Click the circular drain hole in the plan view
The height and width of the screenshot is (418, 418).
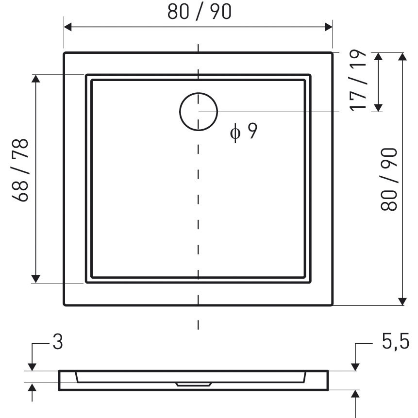tap(199, 111)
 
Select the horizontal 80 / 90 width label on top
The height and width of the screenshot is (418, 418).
tap(200, 12)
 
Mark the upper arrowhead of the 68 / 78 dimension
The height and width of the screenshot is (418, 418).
tap(36, 79)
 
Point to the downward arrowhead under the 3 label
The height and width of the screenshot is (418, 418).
tap(32, 366)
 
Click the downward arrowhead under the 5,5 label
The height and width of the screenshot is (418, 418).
tap(356, 366)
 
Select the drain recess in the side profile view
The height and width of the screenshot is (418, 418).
tap(193, 384)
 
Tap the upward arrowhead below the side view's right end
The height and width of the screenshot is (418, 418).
tap(356, 394)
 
